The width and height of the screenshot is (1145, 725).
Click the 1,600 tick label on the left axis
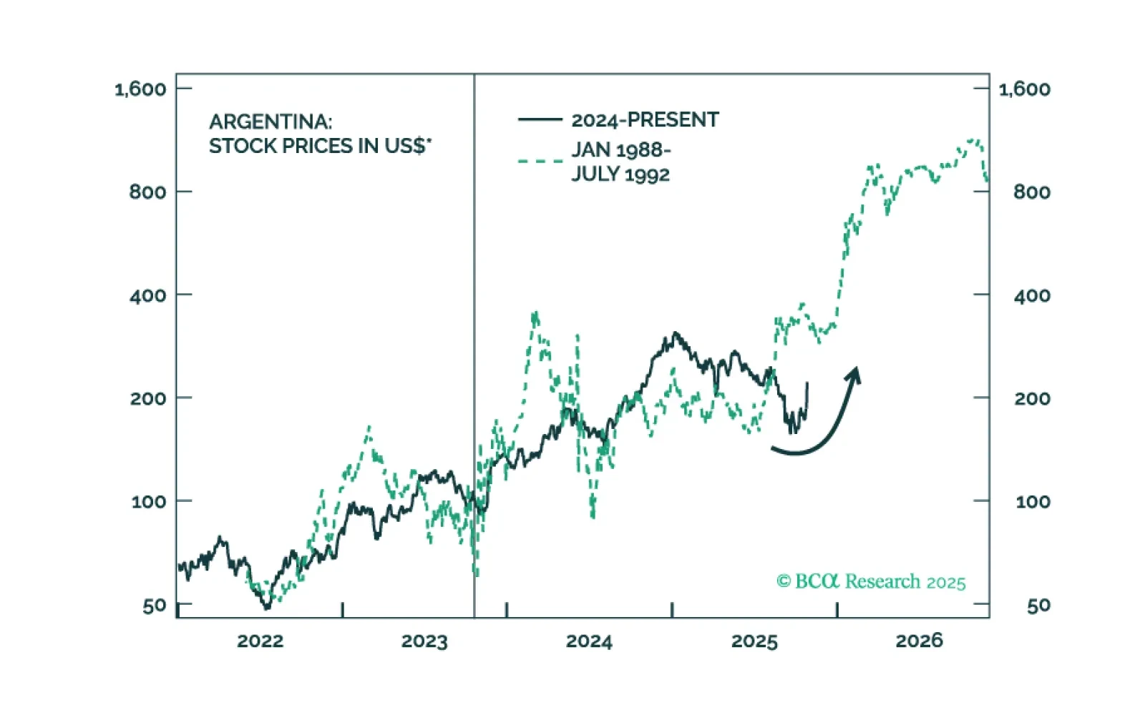click(140, 89)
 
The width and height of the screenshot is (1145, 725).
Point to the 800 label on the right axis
click(1032, 192)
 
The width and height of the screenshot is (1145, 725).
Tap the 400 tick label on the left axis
click(147, 295)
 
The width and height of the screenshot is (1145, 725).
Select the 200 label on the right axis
click(1032, 398)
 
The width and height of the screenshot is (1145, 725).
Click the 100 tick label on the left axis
click(148, 501)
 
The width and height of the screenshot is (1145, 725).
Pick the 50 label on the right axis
click(1038, 606)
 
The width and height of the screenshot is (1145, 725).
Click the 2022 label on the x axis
click(260, 641)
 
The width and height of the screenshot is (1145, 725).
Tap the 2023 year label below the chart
click(424, 641)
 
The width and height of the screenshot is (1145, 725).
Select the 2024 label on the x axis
click(589, 641)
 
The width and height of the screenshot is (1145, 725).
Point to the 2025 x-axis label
click(754, 641)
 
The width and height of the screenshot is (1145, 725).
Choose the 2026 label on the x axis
click(919, 641)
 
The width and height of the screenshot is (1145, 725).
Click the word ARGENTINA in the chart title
click(270, 122)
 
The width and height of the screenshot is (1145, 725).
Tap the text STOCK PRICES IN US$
click(319, 146)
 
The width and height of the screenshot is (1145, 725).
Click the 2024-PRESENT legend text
click(645, 119)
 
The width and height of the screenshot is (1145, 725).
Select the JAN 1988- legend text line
click(620, 150)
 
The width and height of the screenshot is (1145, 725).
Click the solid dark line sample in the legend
click(540, 119)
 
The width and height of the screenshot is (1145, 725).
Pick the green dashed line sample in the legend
click(540, 162)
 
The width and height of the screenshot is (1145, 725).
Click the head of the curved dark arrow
click(854, 375)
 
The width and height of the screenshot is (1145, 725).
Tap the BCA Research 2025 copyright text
click(871, 581)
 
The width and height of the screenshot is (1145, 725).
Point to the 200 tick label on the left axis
click(147, 398)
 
